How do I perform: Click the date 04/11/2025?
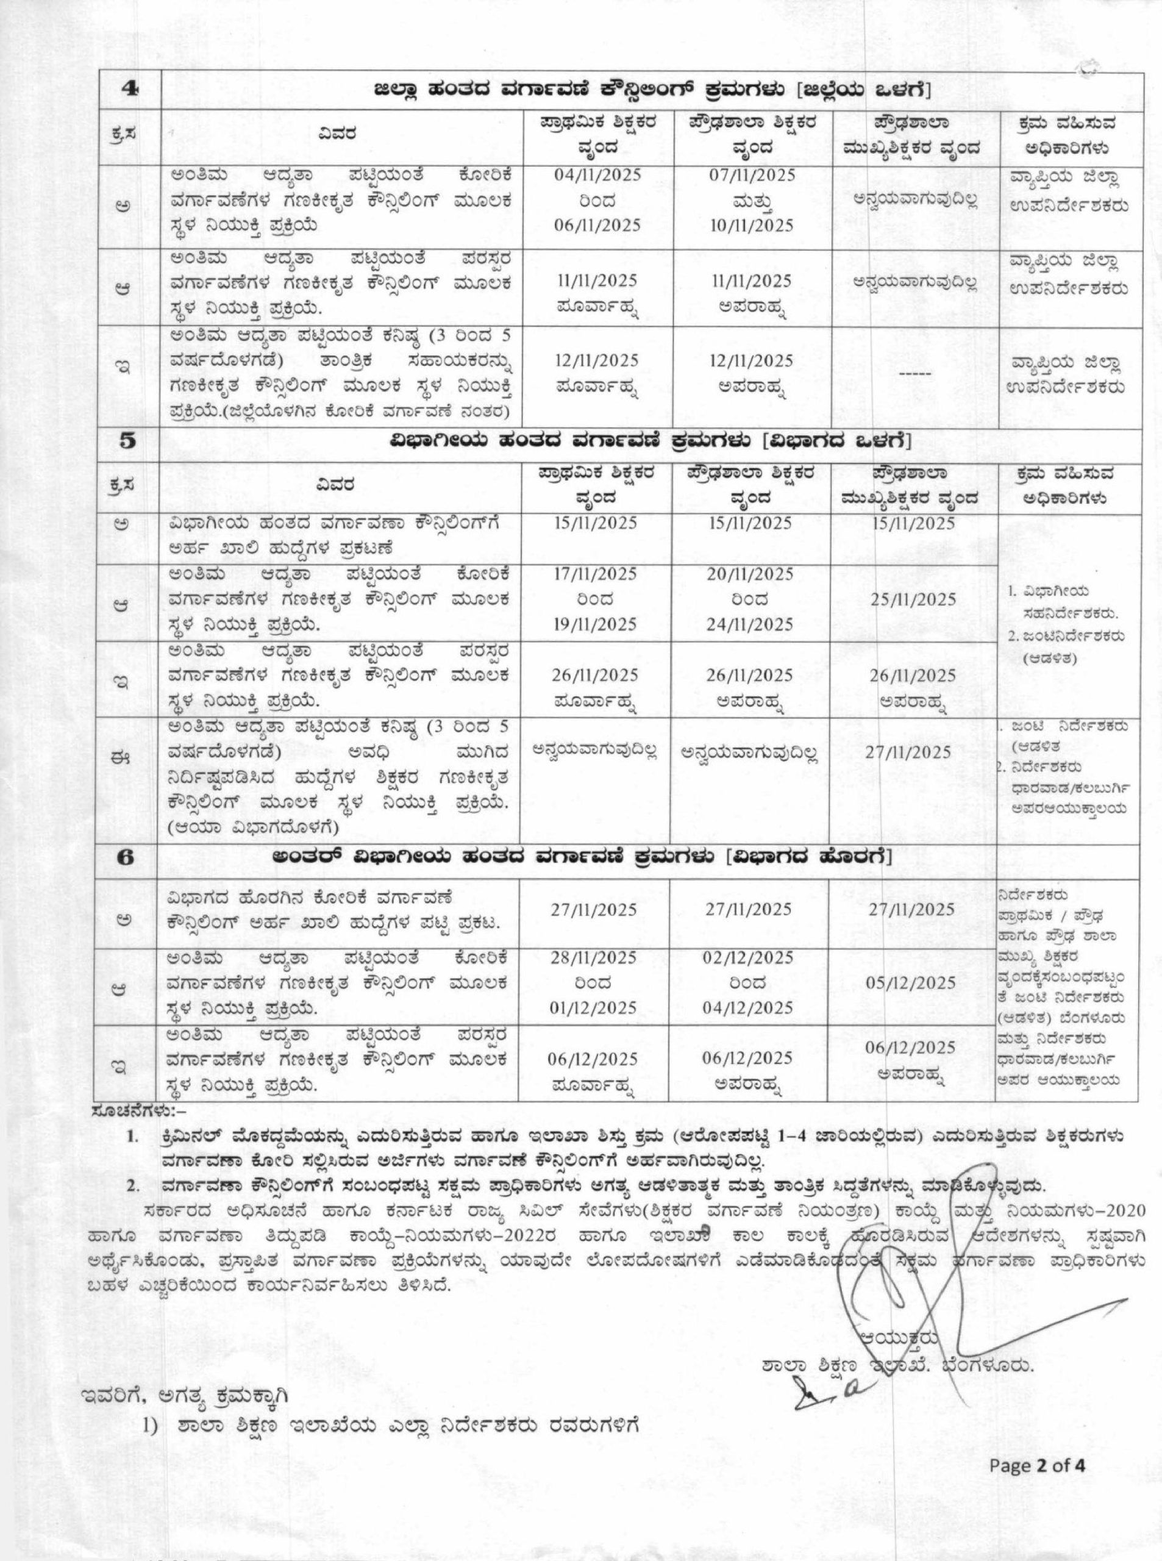point(598,175)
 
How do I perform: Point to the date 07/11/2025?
point(751,175)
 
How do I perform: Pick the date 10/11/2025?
point(751,226)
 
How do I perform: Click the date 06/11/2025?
point(598,226)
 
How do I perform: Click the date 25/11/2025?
point(912,600)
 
